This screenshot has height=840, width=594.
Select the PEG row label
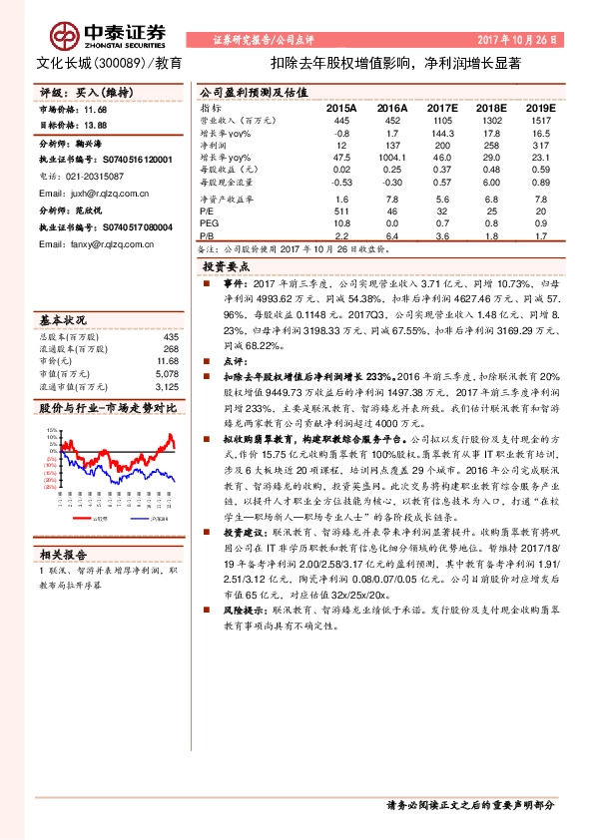(x=208, y=224)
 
